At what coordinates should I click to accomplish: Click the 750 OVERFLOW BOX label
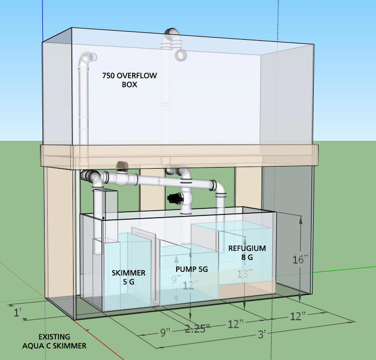pyautogui.click(x=129, y=80)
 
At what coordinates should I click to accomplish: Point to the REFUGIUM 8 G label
pyautogui.click(x=247, y=253)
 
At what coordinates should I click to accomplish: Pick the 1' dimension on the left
pyautogui.click(x=18, y=311)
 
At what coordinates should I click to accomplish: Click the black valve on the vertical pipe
pyautogui.click(x=175, y=198)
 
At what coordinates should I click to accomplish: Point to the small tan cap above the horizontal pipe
pyautogui.click(x=122, y=164)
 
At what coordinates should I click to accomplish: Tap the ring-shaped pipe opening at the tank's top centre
pyautogui.click(x=180, y=55)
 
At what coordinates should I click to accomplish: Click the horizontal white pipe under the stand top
pyautogui.click(x=161, y=180)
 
